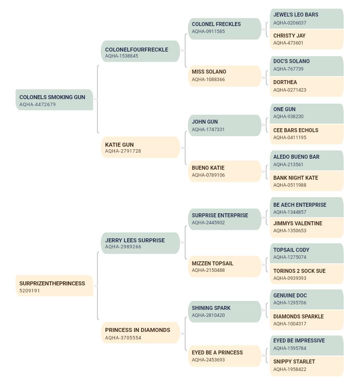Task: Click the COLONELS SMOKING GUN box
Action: click(x=54, y=100)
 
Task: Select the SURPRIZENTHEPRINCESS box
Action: click(x=54, y=286)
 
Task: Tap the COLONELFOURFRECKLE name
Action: click(x=136, y=50)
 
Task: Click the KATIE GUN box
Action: click(x=140, y=147)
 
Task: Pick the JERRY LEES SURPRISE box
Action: click(x=140, y=243)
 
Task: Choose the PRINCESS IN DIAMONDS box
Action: click(x=140, y=332)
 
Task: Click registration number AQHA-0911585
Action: click(x=208, y=31)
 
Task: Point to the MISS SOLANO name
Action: click(x=209, y=72)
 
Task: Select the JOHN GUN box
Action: click(x=224, y=125)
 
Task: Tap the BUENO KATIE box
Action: click(x=224, y=171)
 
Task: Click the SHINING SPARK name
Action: click(x=211, y=308)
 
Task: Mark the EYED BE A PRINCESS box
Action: click(x=224, y=356)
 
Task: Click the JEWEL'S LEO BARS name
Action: click(x=296, y=15)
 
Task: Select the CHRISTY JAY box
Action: click(x=306, y=39)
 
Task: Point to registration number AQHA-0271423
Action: click(x=289, y=90)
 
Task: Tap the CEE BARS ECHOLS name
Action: click(x=296, y=130)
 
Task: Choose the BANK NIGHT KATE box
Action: click(x=306, y=181)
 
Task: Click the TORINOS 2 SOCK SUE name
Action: click(x=299, y=271)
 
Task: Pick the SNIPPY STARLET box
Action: click(x=306, y=366)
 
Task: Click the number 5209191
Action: click(x=29, y=291)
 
